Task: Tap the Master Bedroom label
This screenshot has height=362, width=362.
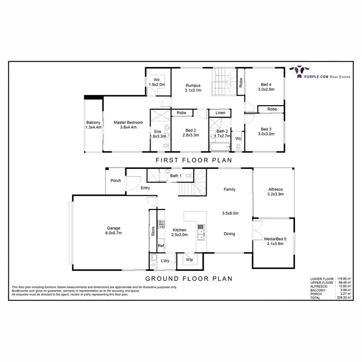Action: pos(128,125)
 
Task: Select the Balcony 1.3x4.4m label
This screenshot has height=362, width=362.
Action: pos(93,125)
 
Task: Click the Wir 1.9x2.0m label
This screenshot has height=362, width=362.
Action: pos(157,82)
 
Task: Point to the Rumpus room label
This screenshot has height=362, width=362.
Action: pos(192,88)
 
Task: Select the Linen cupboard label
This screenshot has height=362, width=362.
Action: pos(220,113)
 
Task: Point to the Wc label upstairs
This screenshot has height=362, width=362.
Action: pos(238,139)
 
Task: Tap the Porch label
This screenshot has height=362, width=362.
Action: pos(116,181)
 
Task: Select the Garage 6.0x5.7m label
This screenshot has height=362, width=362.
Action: pos(114,230)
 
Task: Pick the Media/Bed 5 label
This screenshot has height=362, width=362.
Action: pos(274,241)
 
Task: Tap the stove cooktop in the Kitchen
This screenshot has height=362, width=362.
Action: pos(161,224)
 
